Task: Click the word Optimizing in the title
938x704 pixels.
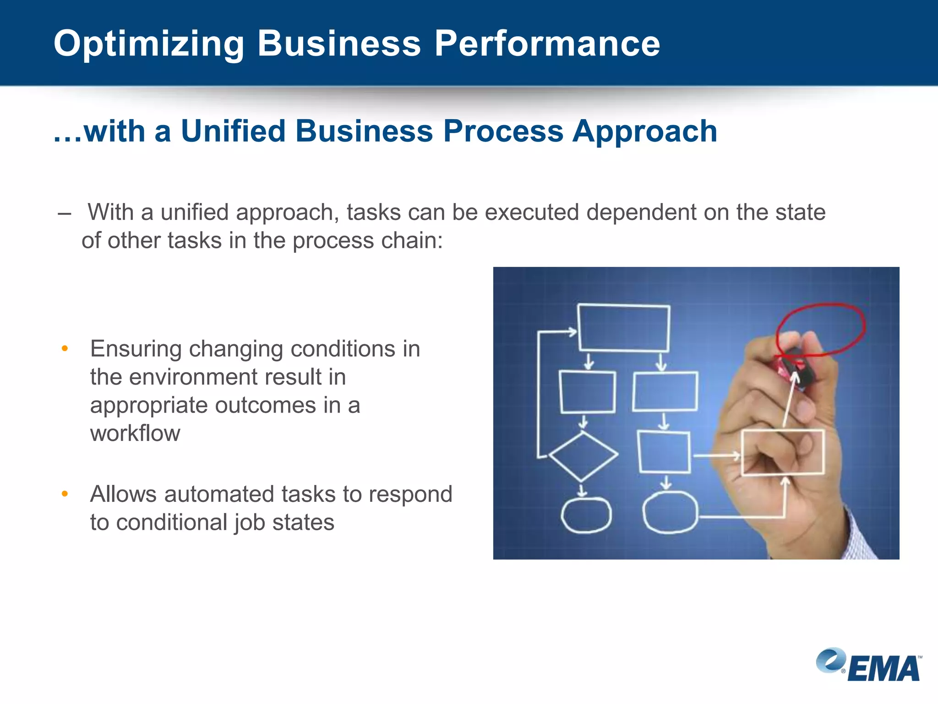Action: point(149,44)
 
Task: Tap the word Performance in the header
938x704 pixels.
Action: point(547,44)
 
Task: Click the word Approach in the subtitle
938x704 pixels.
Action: point(644,132)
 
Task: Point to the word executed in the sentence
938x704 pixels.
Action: point(531,212)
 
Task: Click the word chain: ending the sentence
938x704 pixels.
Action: point(412,241)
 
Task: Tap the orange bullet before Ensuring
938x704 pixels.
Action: point(65,349)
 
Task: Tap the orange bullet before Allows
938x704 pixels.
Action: point(65,494)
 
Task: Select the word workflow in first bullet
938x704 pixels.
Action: point(135,433)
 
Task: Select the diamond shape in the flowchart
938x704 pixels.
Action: point(583,456)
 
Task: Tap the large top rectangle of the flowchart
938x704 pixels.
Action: point(623,328)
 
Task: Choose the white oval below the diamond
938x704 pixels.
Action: point(586,515)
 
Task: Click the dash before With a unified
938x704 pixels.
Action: point(65,213)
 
